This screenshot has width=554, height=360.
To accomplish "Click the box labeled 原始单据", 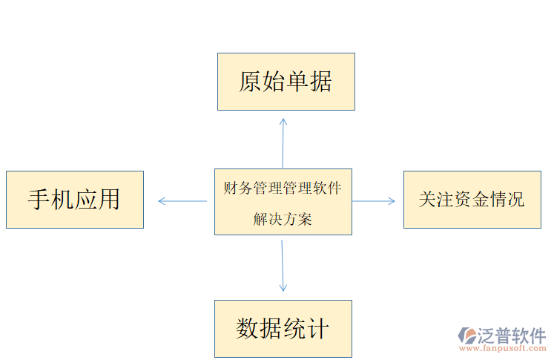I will click(x=286, y=82).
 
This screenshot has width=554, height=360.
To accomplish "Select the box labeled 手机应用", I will click(x=74, y=199).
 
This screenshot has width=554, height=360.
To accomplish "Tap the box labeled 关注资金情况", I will click(x=472, y=199).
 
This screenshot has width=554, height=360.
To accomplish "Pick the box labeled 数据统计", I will click(x=283, y=329).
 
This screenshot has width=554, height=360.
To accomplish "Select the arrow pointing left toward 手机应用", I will click(x=182, y=200).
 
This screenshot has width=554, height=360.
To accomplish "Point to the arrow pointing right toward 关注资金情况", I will click(x=375, y=200).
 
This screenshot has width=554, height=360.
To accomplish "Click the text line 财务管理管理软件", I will click(x=283, y=188).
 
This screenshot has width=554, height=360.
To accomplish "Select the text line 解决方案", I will click(x=283, y=219).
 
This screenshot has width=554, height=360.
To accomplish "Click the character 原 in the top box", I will click(x=251, y=82).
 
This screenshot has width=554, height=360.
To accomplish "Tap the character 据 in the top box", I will click(x=320, y=82).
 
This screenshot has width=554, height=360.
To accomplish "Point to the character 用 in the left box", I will click(x=108, y=199).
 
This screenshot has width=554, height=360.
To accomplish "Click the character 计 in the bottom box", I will click(x=317, y=329).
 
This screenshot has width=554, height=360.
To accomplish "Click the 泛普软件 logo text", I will click(x=512, y=336).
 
